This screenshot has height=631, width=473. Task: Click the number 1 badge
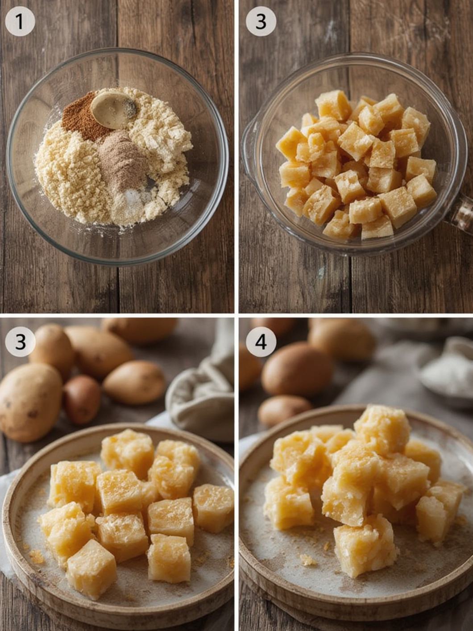pos(20,21)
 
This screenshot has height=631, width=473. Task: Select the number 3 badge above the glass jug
pos(261,21)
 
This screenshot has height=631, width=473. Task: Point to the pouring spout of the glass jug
pos(249,135)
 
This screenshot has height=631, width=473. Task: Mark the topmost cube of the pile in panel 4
pos(382,428)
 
